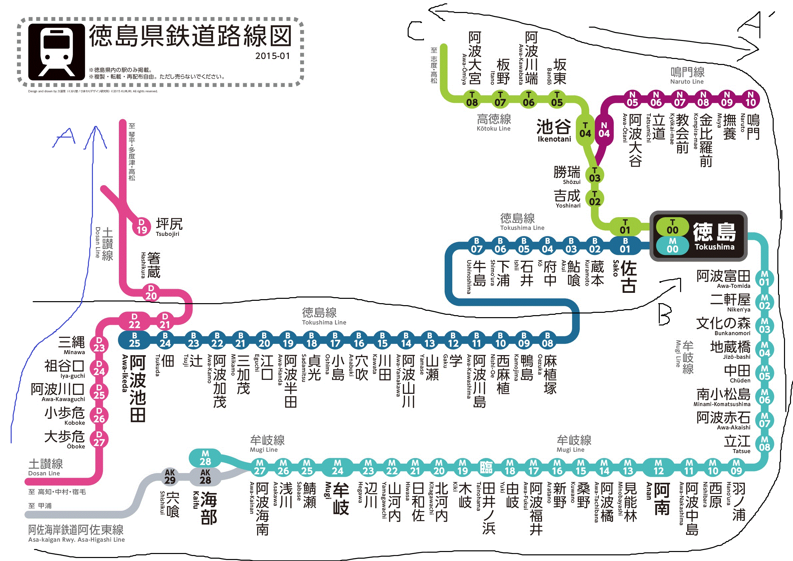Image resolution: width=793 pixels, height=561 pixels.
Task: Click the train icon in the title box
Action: pos(57,52)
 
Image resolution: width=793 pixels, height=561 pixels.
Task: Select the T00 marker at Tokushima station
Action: pos(672,226)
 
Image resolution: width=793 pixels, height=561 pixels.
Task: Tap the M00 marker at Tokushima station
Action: pos(672,246)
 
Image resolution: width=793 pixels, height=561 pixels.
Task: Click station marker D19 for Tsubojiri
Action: pos(142,227)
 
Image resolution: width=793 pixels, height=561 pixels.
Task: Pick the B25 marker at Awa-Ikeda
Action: pos(134,339)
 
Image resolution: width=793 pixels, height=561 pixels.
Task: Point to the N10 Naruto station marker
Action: pos(750,99)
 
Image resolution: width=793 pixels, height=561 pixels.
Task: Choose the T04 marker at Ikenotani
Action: pos(585,130)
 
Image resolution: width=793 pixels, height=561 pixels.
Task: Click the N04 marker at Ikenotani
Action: pos(604,130)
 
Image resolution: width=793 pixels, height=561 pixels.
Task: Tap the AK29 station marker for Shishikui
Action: pos(170,477)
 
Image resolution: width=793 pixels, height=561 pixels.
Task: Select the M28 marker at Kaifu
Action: pos(205,458)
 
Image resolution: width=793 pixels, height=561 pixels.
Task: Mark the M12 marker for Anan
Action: pos(658,467)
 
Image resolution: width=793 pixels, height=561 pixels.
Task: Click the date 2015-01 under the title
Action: pos(272,56)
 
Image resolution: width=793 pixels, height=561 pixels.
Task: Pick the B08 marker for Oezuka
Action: pos(548,339)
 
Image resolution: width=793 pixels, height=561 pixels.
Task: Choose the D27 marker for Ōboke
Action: pos(99,439)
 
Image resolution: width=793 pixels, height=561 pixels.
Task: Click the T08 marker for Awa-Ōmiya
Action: pos(472,99)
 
